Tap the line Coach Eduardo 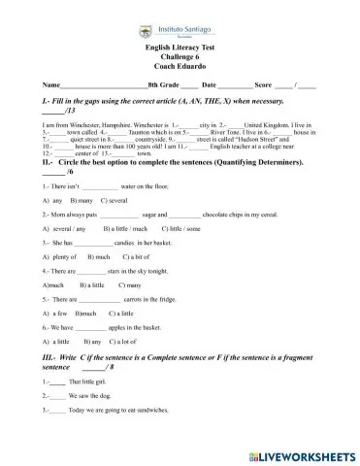pos(180,64)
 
